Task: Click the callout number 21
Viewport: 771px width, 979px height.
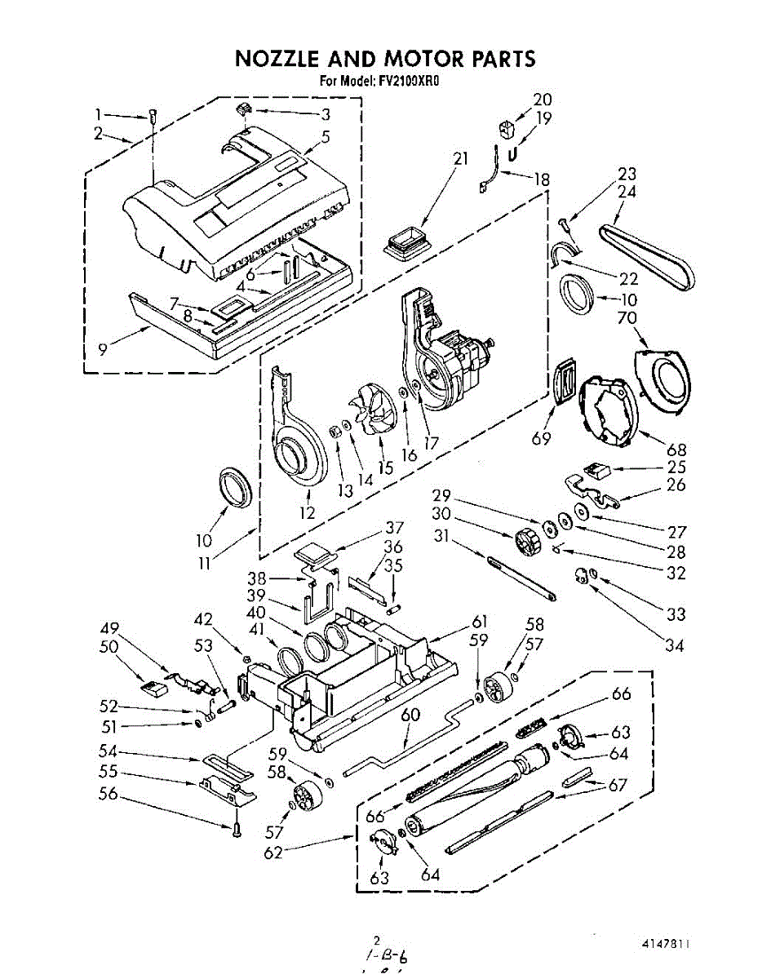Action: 461,158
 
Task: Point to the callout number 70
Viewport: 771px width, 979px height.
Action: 627,317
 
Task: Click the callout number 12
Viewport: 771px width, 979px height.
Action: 307,513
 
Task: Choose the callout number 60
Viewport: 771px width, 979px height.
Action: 410,715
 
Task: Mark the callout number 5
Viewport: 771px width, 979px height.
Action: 325,136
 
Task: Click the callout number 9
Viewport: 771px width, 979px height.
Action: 103,348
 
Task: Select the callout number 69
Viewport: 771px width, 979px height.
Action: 541,439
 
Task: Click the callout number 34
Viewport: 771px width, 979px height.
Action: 673,647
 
